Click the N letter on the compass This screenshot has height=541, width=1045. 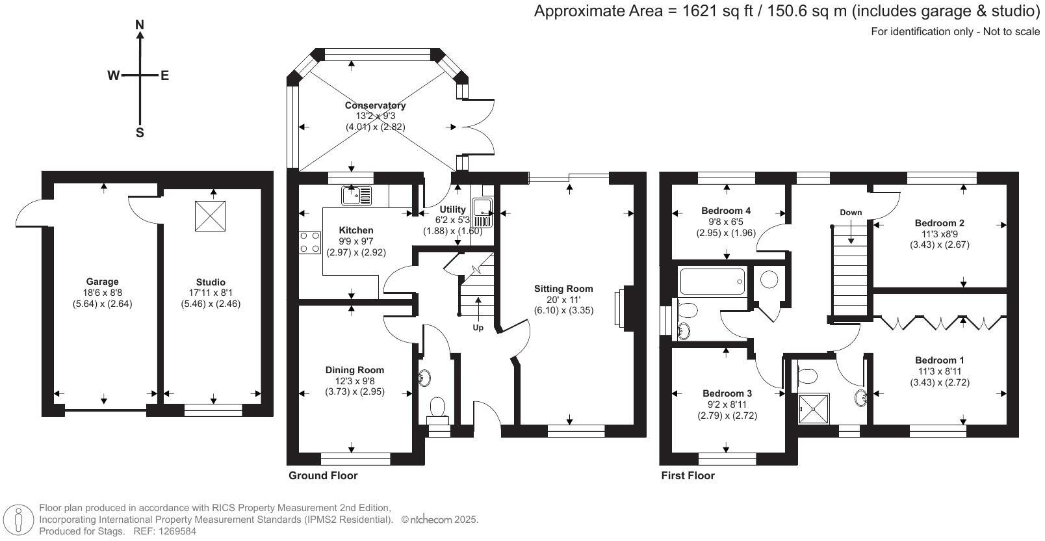(x=140, y=25)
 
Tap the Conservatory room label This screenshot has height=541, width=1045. (x=375, y=105)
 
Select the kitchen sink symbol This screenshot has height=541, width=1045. (x=356, y=196)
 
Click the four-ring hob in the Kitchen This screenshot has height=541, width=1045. (x=310, y=243)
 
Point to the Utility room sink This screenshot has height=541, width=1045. (x=482, y=213)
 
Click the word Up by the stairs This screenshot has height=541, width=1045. (x=478, y=328)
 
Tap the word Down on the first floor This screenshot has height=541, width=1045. (x=851, y=213)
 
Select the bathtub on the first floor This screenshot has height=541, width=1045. (x=712, y=282)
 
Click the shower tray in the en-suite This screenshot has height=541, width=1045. (x=814, y=409)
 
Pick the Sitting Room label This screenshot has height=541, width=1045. (x=563, y=289)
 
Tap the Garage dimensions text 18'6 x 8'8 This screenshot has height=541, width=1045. (x=102, y=293)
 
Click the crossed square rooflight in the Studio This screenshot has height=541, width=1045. (x=210, y=216)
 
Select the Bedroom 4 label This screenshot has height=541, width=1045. (x=726, y=211)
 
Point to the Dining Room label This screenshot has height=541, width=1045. (x=355, y=370)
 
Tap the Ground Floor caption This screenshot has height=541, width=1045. (x=323, y=475)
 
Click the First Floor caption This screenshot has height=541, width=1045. (x=688, y=475)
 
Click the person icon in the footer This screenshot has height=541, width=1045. (x=19, y=520)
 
